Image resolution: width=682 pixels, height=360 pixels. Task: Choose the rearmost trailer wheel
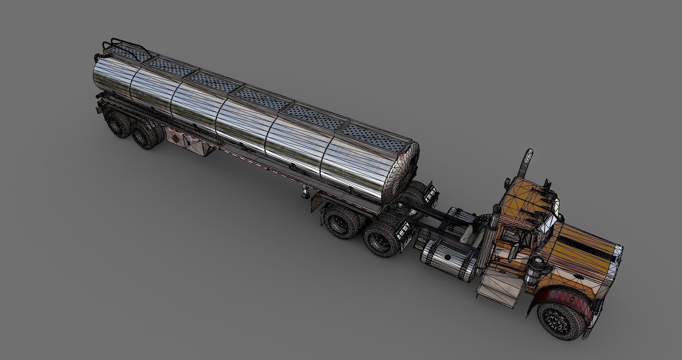[x=119, y=124]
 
